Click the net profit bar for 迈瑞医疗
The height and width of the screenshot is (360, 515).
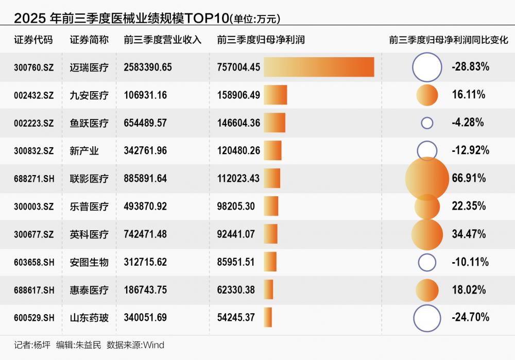(319, 67)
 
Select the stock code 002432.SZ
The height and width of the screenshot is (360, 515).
(34, 95)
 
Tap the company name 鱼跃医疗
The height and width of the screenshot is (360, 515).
(89, 123)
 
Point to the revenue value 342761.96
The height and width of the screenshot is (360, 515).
(145, 151)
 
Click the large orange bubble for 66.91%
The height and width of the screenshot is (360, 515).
(427, 178)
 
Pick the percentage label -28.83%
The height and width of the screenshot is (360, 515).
(470, 67)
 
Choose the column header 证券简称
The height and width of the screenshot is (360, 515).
(89, 40)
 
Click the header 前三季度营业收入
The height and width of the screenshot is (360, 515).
(163, 40)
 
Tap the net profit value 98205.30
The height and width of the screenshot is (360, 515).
(236, 207)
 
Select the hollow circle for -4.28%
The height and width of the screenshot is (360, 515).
(427, 123)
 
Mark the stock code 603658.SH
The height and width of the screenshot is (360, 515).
(34, 262)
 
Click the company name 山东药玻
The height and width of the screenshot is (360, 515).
(89, 318)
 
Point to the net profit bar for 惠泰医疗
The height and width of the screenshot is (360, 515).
(268, 290)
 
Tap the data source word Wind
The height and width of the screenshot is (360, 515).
(153, 345)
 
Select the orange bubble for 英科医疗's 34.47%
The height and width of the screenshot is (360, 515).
(427, 234)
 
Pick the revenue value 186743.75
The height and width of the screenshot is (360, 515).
(145, 290)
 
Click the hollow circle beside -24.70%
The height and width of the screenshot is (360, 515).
(427, 318)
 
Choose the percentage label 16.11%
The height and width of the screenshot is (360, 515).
(469, 95)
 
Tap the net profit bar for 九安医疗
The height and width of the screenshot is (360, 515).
(276, 95)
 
